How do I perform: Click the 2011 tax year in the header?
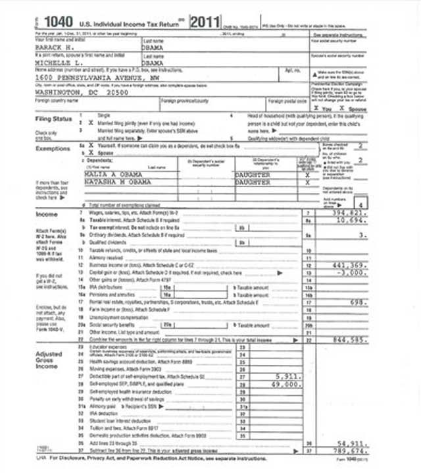click(x=205, y=22)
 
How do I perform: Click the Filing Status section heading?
click(x=53, y=119)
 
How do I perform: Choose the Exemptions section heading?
click(x=52, y=148)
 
